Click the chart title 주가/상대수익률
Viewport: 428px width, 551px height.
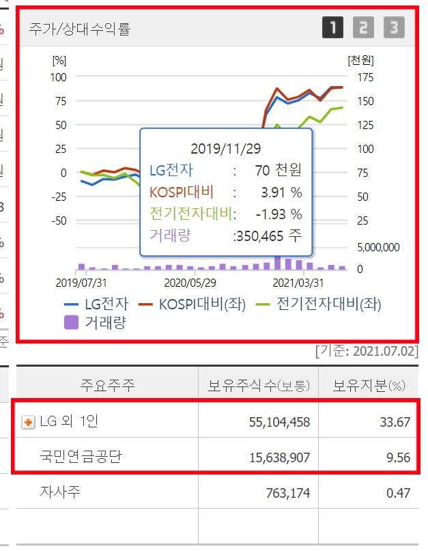(x=80, y=29)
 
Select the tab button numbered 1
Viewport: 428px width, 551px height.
(x=333, y=28)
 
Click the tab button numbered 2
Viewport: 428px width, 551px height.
(x=363, y=28)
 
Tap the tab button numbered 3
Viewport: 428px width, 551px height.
(x=393, y=28)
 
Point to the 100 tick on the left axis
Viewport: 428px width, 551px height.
(x=59, y=77)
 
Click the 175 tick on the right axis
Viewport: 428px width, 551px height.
(x=365, y=77)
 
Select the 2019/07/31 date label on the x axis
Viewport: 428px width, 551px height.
(x=81, y=281)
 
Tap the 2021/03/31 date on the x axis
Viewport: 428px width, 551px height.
(x=298, y=281)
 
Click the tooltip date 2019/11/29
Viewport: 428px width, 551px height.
(x=226, y=147)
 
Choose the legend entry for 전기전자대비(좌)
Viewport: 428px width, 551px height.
(x=321, y=305)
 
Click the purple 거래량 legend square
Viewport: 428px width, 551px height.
(x=72, y=322)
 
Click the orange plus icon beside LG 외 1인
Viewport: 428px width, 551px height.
(x=29, y=423)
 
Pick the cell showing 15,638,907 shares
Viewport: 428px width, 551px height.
(x=276, y=457)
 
